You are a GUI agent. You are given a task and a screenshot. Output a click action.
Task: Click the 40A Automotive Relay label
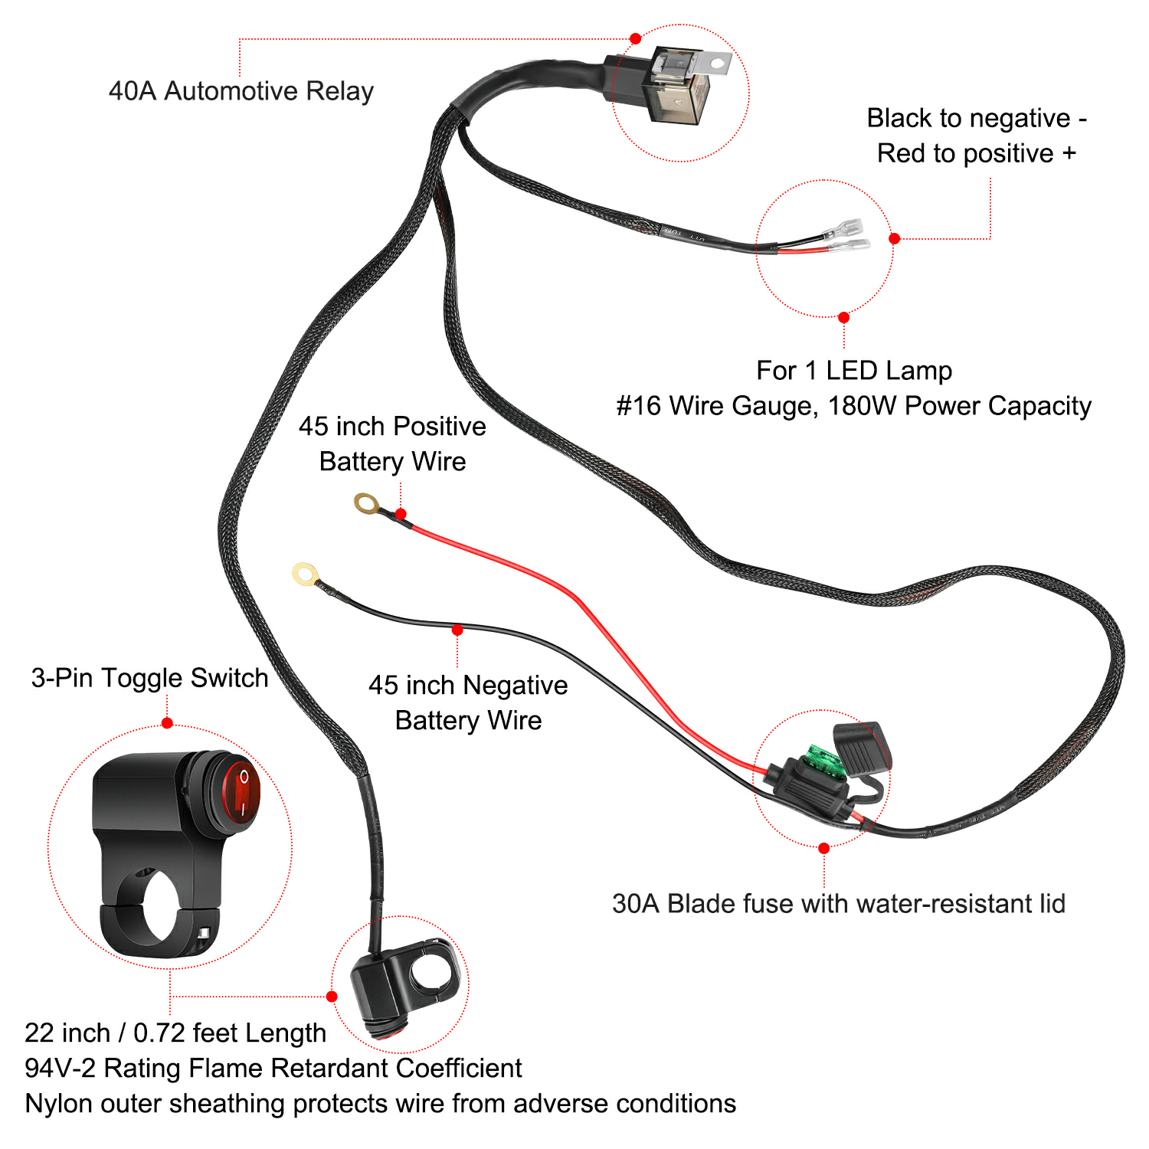241,91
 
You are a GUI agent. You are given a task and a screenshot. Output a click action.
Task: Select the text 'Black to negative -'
977,119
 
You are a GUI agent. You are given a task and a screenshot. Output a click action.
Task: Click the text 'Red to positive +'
977,154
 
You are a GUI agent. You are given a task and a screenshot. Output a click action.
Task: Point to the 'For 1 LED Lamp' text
854,371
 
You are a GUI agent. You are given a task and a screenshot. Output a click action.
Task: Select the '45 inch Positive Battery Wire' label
392,444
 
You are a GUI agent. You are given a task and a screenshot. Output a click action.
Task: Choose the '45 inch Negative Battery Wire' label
468,703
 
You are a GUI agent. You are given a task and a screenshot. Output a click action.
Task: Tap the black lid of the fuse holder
862,747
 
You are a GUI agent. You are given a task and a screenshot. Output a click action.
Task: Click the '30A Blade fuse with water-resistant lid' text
839,904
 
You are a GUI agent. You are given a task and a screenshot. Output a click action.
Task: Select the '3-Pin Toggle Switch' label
149,678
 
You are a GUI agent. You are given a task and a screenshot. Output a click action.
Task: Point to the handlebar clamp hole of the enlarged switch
152,904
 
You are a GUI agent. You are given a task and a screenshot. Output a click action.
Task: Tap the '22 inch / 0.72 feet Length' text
175,1033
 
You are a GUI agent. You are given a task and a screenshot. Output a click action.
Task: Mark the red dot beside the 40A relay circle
635,38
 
